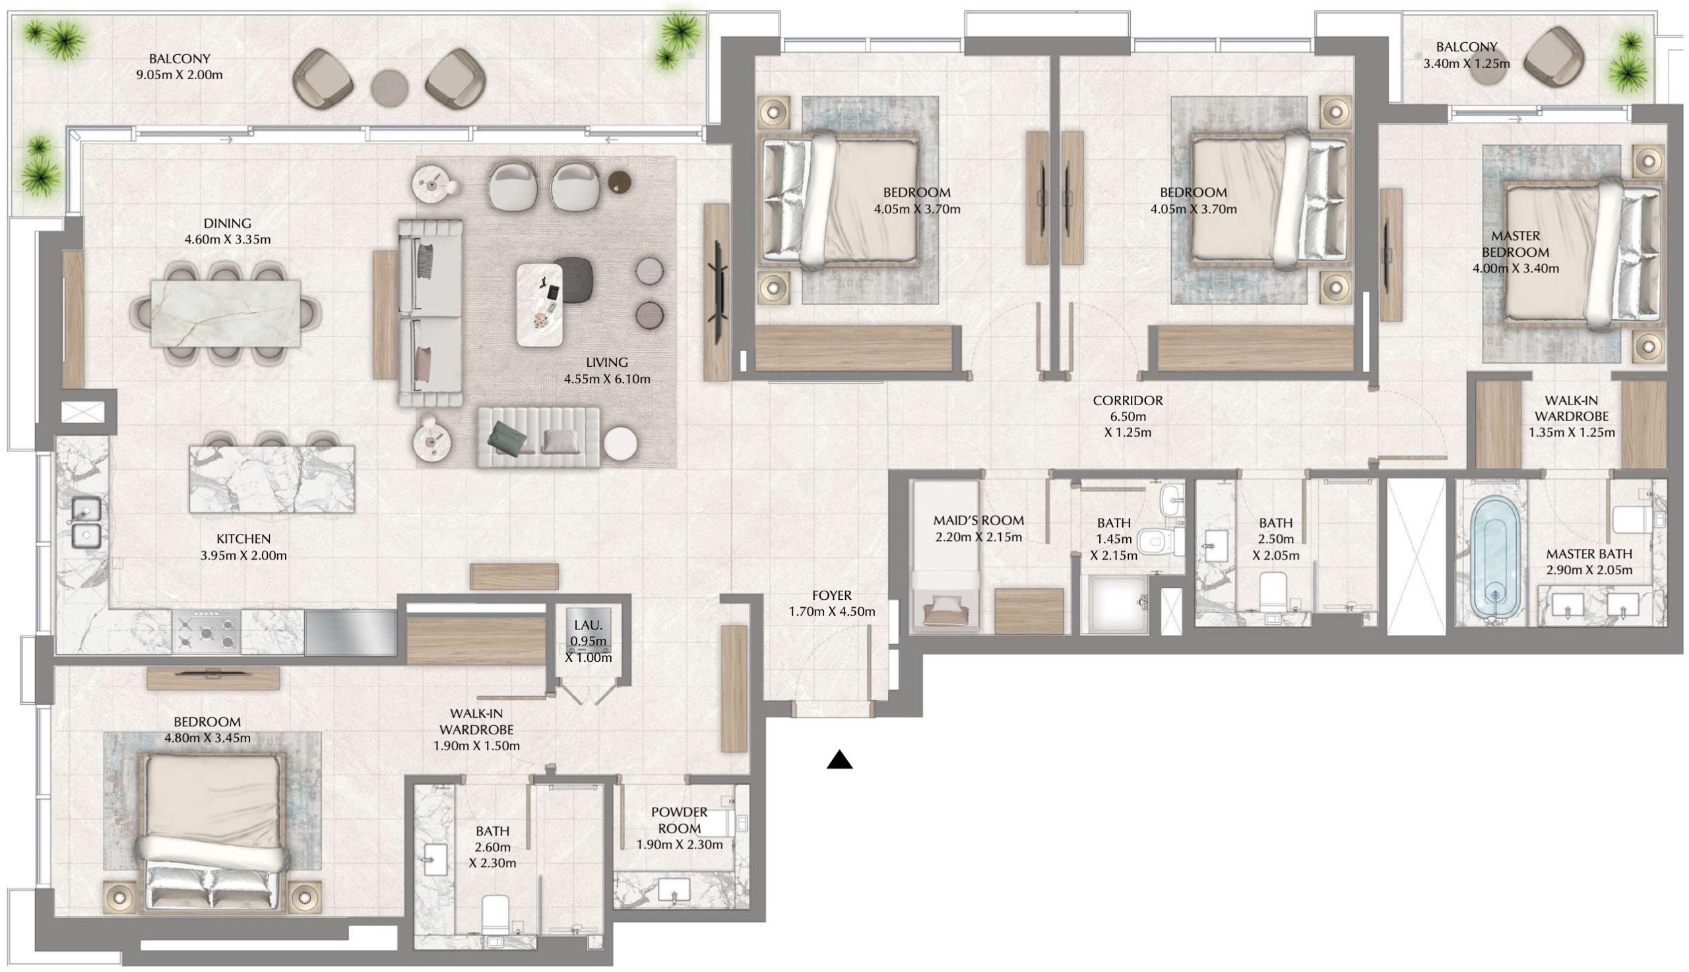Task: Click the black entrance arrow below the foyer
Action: click(839, 760)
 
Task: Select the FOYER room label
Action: click(831, 595)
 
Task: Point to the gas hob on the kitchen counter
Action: click(207, 632)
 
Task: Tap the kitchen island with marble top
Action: click(272, 479)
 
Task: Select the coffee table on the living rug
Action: click(538, 304)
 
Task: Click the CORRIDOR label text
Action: click(1127, 401)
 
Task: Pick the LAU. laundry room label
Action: click(588, 626)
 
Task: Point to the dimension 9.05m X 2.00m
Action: click(179, 75)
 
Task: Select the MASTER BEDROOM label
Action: click(1515, 244)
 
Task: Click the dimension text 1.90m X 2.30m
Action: click(679, 845)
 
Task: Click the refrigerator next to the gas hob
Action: click(350, 632)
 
